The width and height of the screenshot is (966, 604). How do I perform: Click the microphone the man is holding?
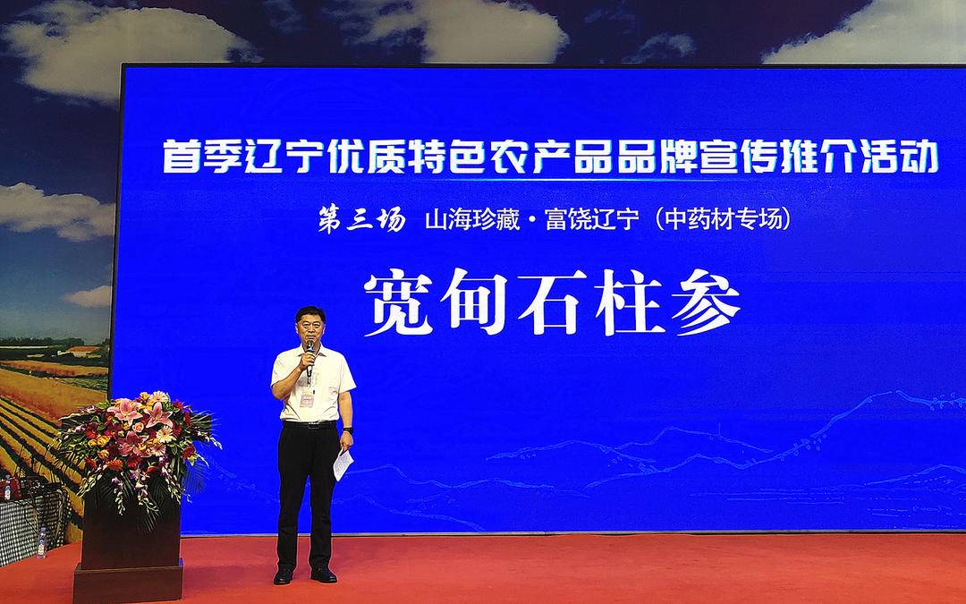point(309,353)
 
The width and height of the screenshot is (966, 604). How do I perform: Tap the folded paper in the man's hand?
point(343,464)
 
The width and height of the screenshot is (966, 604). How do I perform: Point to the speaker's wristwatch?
point(347,430)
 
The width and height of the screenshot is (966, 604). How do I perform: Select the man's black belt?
point(309,424)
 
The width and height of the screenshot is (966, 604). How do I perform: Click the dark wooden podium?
point(130,555)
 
